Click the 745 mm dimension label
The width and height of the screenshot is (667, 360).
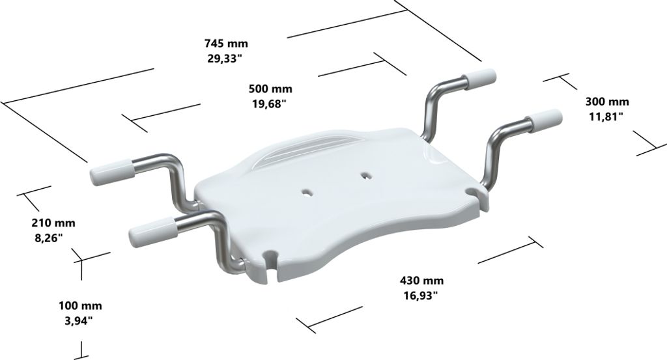[226, 44]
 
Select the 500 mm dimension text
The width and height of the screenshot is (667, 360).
[270, 89]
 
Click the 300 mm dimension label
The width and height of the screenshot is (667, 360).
[607, 102]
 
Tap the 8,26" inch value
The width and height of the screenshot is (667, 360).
[48, 238]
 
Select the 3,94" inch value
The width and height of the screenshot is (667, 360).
[77, 320]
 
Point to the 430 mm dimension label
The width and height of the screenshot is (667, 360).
[421, 281]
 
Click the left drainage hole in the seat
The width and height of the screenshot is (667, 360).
[305, 191]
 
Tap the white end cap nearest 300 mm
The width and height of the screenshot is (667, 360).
[543, 119]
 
